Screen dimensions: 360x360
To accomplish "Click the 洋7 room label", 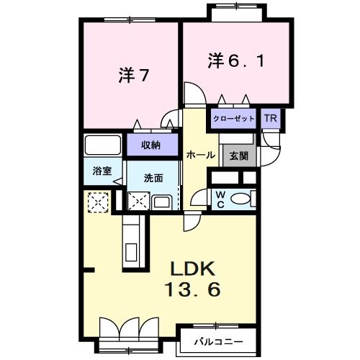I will [134, 76].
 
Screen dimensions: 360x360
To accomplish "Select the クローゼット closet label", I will [234, 119].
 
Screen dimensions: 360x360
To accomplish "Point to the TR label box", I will [271, 119].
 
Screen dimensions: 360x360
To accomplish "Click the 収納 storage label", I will [150, 145].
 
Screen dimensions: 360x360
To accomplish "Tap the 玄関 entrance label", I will [238, 154].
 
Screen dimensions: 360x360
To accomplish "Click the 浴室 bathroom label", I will [102, 171].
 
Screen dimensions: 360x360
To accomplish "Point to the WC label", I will [220, 198].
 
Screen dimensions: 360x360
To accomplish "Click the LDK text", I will [193, 269].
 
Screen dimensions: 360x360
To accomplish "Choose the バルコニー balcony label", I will [217, 341].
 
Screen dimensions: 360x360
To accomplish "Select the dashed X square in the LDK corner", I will [96, 202].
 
